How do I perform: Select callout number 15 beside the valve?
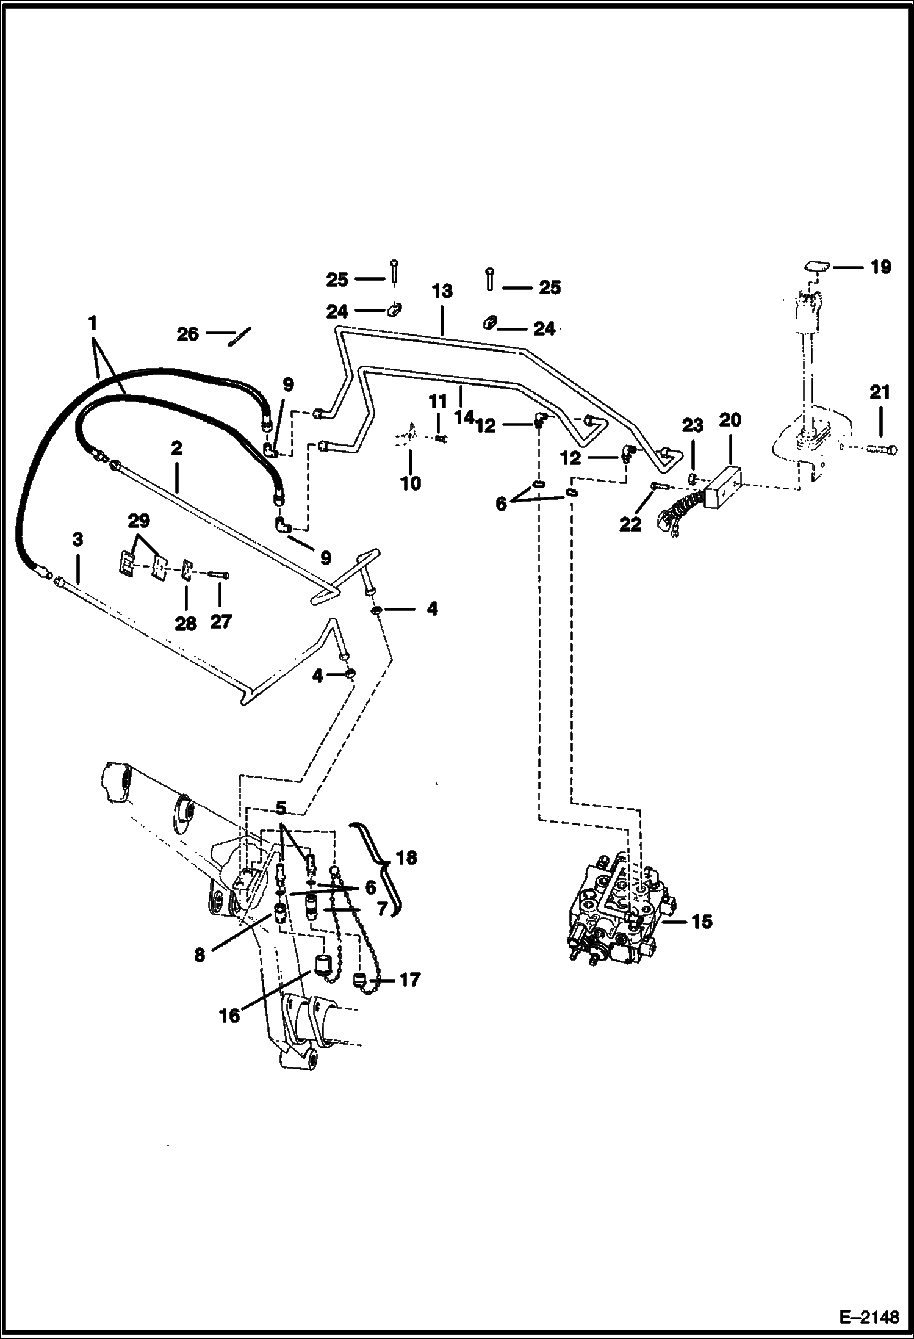point(702,921)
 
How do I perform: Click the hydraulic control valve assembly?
point(616,909)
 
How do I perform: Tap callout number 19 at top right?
point(880,267)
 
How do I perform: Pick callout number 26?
point(187,334)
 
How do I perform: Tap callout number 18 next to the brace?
point(406,857)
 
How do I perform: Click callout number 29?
point(139,521)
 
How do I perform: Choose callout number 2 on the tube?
point(176,449)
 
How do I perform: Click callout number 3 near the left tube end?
point(77,540)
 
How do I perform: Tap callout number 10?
point(411,483)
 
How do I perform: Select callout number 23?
point(693,425)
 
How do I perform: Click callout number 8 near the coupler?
point(200,955)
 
